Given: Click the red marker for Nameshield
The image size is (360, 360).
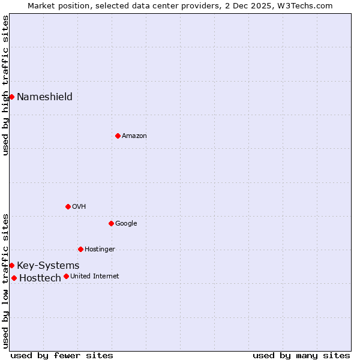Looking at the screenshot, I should (11, 97).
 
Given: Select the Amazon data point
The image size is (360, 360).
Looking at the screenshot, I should (118, 136).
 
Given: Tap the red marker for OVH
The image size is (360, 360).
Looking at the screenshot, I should (68, 206).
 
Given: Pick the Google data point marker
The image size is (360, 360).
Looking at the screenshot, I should (111, 223).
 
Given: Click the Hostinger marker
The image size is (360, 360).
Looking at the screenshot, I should (80, 249).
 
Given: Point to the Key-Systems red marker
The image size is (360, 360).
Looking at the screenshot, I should (11, 265).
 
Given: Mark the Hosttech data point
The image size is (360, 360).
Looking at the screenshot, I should (14, 278).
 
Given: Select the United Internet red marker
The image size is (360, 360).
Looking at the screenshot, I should (66, 276).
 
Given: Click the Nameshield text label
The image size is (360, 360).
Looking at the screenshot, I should (44, 97).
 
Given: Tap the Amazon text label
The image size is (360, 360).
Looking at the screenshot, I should (134, 136).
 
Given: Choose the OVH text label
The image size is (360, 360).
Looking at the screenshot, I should (79, 207).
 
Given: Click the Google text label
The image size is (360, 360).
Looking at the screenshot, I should (126, 224).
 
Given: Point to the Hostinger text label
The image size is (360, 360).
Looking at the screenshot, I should (100, 250).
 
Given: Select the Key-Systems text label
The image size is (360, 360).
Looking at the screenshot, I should (48, 266).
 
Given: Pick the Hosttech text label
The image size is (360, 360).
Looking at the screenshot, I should (40, 278).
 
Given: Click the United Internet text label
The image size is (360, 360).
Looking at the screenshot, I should (95, 277).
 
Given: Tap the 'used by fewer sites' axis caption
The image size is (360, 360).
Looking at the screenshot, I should (62, 356).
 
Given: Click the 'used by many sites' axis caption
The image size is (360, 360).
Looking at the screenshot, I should (301, 356).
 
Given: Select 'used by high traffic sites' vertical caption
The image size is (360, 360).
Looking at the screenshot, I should (5, 85).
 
